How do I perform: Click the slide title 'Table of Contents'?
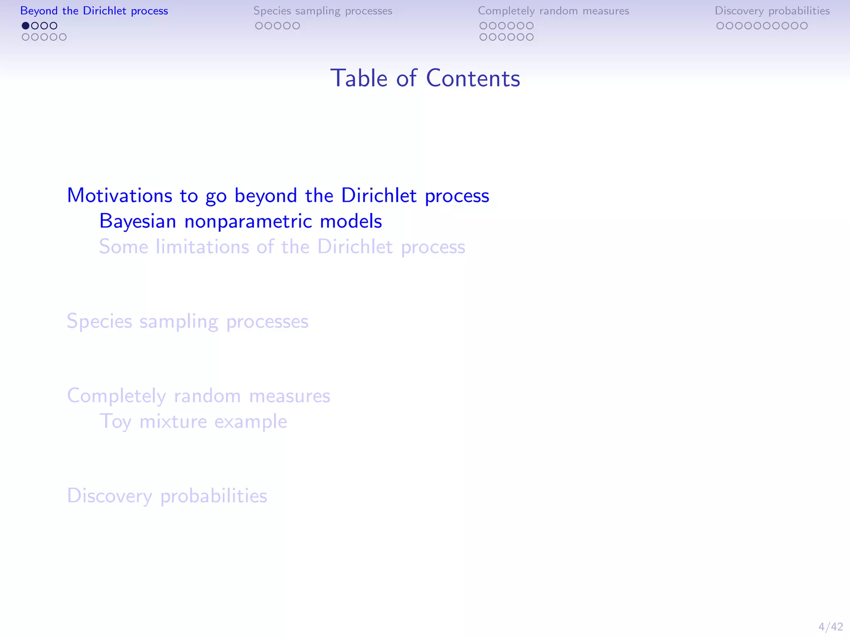click(x=425, y=78)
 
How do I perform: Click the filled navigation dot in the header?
click(x=26, y=26)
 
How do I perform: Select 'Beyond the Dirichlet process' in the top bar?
click(x=94, y=11)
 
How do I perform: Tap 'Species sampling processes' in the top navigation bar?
click(x=323, y=11)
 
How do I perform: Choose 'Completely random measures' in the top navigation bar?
click(x=553, y=11)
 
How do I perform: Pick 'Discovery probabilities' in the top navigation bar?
click(x=772, y=11)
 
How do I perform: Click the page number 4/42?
click(x=830, y=626)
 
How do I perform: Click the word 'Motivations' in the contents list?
click(x=120, y=195)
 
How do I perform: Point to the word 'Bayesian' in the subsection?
click(x=138, y=221)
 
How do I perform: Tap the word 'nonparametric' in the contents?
click(x=248, y=221)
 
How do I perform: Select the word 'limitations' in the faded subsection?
click(x=202, y=247)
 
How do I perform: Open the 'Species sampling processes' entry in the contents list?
click(x=188, y=321)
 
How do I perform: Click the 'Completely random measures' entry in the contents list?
click(x=198, y=396)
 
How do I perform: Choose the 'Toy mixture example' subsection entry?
click(x=193, y=422)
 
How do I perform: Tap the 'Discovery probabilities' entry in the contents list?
click(x=167, y=496)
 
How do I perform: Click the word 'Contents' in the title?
click(x=473, y=78)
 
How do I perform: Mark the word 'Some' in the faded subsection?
click(x=124, y=247)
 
